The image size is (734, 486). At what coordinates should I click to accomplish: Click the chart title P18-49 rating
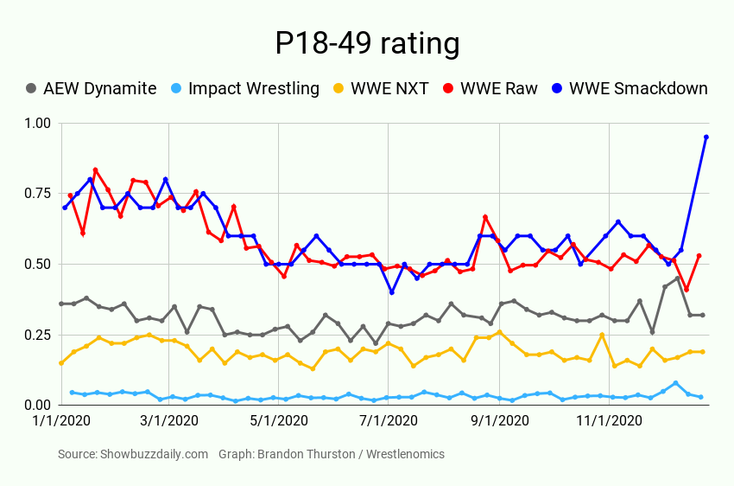tap(367, 42)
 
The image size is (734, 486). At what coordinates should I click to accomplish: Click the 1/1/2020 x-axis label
tap(61, 421)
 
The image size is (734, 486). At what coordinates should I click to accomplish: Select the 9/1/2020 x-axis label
tap(500, 421)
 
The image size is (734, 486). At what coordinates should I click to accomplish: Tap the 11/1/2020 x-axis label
tap(610, 421)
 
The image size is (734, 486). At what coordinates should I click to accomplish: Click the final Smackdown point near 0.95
tap(706, 137)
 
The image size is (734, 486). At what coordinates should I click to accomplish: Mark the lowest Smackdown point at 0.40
tap(392, 292)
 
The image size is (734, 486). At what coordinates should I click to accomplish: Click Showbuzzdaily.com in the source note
tap(154, 454)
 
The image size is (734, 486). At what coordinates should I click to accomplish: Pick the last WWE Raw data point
tap(699, 256)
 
